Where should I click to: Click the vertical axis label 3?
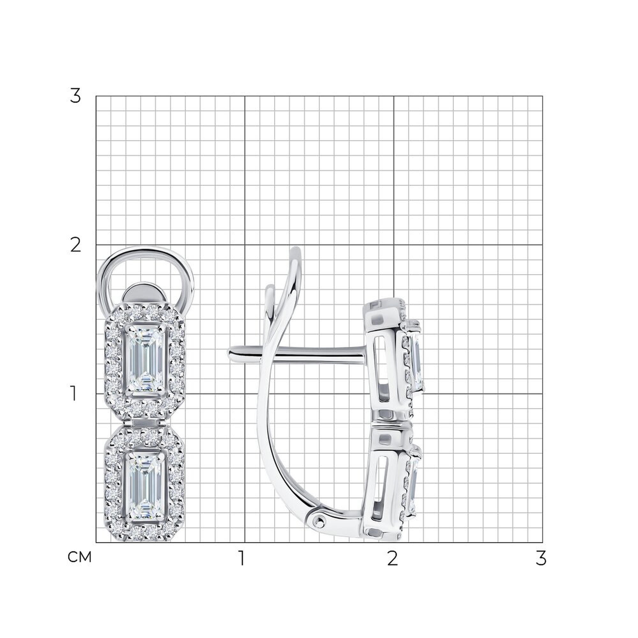point(75,96)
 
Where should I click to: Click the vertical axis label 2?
point(76,245)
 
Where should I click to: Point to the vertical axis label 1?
point(74,394)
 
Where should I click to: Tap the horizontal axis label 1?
point(242,558)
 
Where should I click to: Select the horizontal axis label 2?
point(392,558)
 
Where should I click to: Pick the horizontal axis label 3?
point(541,558)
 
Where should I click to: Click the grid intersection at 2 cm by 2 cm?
point(394,245)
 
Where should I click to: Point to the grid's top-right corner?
point(543,96)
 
